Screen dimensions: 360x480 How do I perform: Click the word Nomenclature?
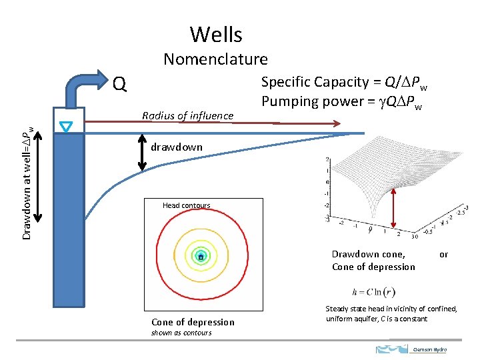tap(215, 59)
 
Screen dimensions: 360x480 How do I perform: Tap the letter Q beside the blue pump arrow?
tap(120, 84)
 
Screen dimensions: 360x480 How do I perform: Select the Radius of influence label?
tap(188, 116)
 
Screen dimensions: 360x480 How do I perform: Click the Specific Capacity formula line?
tap(345, 82)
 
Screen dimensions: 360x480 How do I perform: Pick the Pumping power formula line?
tap(345, 101)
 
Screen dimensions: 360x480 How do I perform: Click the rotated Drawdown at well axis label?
tap(27, 174)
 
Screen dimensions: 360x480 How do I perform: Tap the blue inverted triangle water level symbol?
tap(67, 127)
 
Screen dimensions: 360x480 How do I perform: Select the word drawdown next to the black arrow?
tap(177, 147)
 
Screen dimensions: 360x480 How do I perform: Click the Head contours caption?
tap(186, 205)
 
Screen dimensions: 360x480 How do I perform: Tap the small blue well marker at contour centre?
tap(201, 257)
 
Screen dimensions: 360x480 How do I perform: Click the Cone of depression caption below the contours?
tap(193, 322)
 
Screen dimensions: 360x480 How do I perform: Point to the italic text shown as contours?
tap(181, 333)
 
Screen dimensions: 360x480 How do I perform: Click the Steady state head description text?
tap(391, 313)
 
